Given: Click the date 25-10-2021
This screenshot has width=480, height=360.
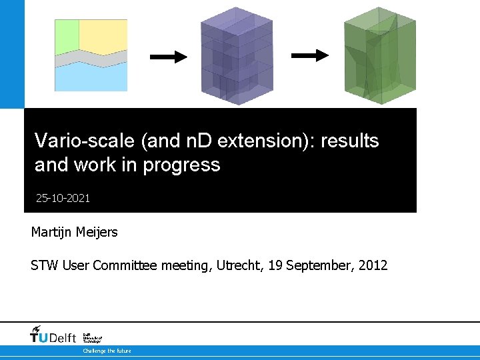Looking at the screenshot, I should [x=63, y=198].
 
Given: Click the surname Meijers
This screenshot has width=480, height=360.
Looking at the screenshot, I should [x=97, y=232].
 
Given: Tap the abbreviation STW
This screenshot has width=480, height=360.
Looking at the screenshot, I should [x=45, y=265].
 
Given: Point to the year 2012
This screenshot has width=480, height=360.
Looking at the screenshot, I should [x=373, y=265].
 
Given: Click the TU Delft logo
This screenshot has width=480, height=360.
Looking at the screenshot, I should [x=54, y=335].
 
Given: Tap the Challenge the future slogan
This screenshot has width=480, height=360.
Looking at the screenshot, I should [x=107, y=351].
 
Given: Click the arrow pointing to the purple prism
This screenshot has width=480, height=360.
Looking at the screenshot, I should [x=169, y=57].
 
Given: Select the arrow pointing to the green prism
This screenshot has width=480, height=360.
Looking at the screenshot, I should [x=310, y=55].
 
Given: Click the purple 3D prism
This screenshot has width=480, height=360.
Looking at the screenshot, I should [x=237, y=56].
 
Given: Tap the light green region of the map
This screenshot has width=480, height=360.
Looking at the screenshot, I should [x=66, y=37].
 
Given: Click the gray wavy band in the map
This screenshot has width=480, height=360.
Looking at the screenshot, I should [x=91, y=60].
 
